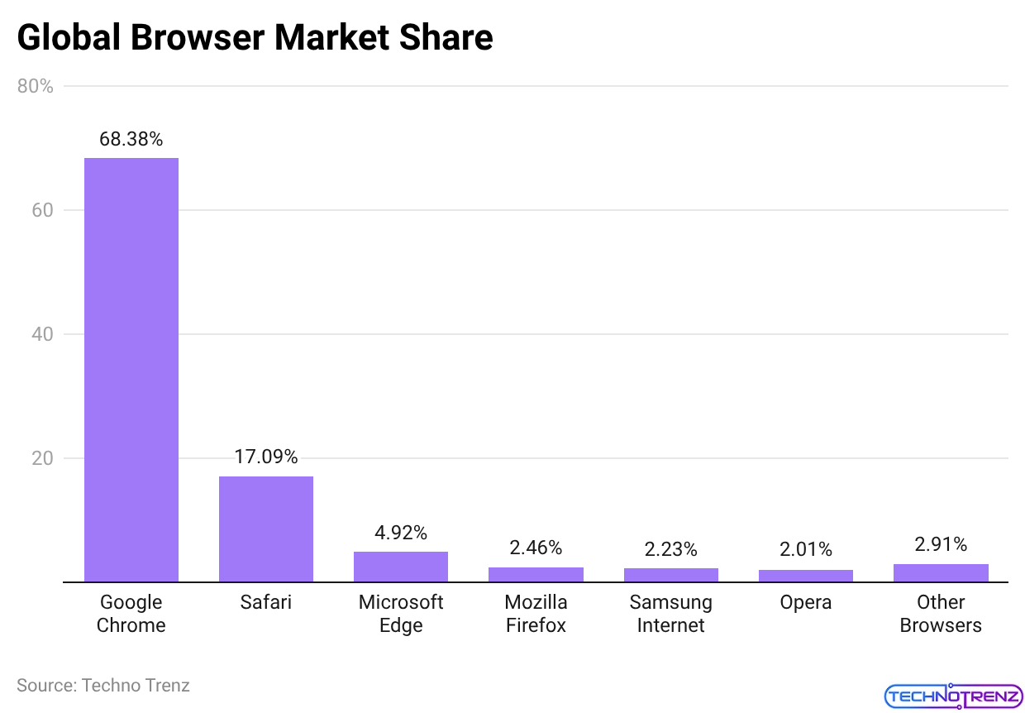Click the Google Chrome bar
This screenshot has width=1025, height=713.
[x=131, y=370]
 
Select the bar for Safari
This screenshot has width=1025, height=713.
[x=265, y=529]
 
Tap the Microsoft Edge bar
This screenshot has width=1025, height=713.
[x=401, y=567]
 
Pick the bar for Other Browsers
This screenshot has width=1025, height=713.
[x=941, y=573]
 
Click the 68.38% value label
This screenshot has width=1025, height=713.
[x=131, y=139]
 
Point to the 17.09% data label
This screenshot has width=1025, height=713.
[x=265, y=457]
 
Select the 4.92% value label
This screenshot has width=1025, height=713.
[x=401, y=533]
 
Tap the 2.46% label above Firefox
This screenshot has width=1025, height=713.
[x=536, y=548]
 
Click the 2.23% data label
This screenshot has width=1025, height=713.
[x=670, y=549]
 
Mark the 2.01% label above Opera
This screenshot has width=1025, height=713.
[x=806, y=550]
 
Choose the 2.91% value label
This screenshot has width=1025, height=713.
[x=941, y=544]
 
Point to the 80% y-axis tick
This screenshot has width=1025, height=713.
[x=36, y=86]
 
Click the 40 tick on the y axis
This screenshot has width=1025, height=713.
[x=41, y=334]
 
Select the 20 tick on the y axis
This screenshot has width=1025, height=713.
[x=41, y=458]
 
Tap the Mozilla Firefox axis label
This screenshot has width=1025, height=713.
[x=536, y=614]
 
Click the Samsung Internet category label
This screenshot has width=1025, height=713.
[x=670, y=614]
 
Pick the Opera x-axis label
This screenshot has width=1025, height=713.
[x=806, y=603]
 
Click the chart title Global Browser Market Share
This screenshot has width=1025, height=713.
[x=255, y=38]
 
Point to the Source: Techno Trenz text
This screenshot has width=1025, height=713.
[x=103, y=686]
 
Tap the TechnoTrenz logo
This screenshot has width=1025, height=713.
[x=953, y=696]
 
